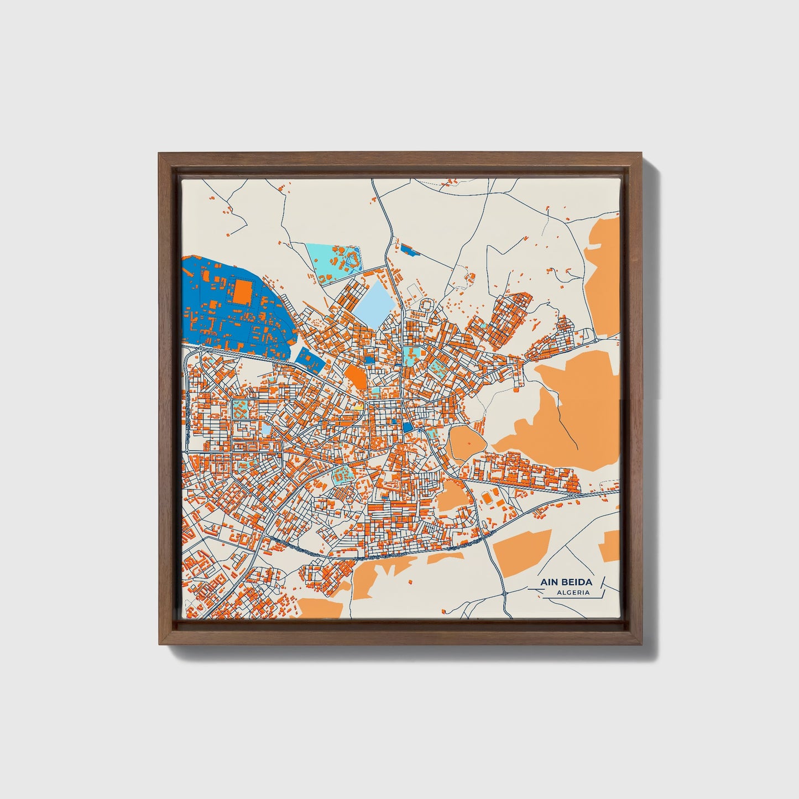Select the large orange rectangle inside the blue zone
click(242, 291)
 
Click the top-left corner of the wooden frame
click(159, 154)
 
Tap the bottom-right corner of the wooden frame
click(641, 644)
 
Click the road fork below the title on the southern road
click(505, 593)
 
